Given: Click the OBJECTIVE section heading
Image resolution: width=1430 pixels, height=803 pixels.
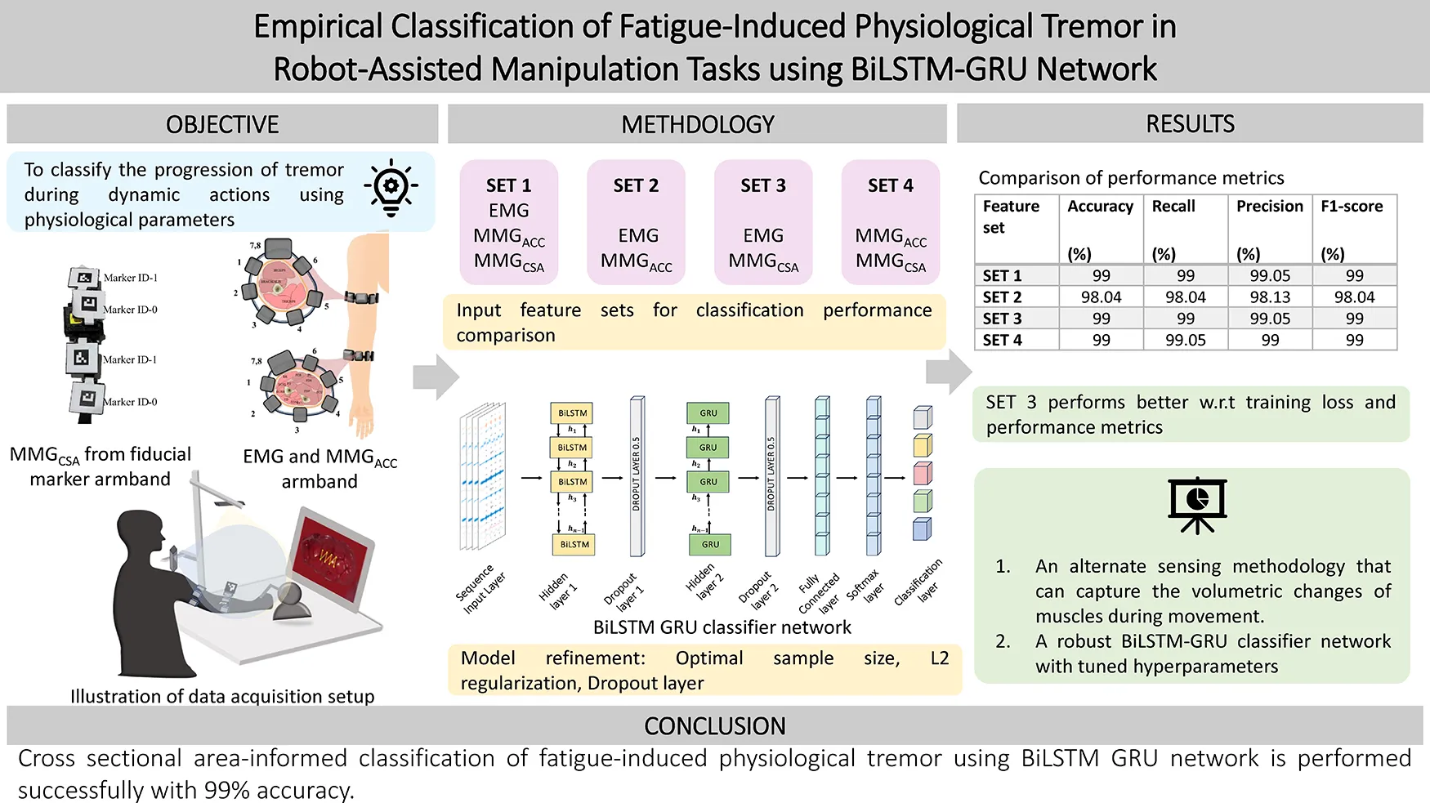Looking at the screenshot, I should [x=222, y=124].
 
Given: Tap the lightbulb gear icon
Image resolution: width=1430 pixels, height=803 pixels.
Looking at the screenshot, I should [x=391, y=188].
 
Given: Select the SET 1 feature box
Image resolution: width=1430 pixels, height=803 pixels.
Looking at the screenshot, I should [x=509, y=222].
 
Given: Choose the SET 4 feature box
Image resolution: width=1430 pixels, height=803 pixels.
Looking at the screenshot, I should [x=891, y=222].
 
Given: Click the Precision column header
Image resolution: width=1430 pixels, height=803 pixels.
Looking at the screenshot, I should [x=1269, y=207].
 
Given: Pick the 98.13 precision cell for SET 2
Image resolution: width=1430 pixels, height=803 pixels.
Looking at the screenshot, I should [x=1269, y=297].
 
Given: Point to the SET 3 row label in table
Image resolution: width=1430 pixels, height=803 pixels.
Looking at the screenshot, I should [x=1002, y=319].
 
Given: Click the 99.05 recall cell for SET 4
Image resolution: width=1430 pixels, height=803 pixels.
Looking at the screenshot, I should [x=1185, y=340].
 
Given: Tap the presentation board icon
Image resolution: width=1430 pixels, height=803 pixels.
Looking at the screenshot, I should [x=1197, y=505].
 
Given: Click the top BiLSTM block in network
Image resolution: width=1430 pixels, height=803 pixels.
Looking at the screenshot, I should [x=573, y=413].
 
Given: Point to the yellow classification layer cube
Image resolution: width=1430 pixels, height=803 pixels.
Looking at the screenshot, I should [x=922, y=445].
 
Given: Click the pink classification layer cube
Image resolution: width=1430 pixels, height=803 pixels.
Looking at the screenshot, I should [x=922, y=473].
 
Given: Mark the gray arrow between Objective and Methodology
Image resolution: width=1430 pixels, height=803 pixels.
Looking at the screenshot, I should [x=436, y=377].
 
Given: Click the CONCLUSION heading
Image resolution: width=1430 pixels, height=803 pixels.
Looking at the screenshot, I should [x=714, y=725].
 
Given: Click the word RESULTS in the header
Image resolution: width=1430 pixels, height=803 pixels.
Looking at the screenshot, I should [x=1190, y=124].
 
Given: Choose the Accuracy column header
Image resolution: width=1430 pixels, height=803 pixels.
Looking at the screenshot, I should [x=1100, y=207].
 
